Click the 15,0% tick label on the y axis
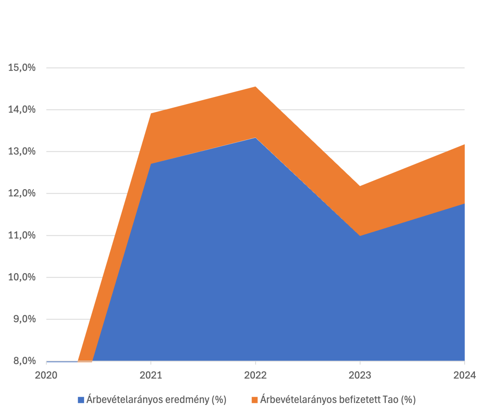pos(22,68)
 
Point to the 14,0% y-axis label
pos(22,110)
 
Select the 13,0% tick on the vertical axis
pos(22,152)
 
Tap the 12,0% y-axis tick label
pos(22,193)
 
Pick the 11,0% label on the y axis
pos(22,235)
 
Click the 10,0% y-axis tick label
pos(22,277)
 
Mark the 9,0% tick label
pos(24,319)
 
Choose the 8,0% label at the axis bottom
pos(24,361)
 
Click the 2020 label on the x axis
pos(46,375)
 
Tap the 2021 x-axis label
pos(151,375)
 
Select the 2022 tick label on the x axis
pos(255,375)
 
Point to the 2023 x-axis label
pos(360,375)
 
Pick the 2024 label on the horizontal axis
pos(465,375)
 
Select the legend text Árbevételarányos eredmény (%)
pos(156,400)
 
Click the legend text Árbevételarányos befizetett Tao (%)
pos(338,400)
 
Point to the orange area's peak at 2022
pos(256,87)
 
